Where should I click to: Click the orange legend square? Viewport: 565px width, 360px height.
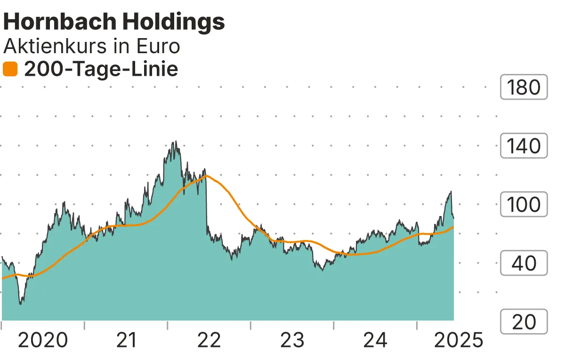(x=10, y=70)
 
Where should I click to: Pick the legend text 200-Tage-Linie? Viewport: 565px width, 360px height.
(x=101, y=70)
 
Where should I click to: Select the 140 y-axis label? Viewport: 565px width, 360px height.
(x=524, y=146)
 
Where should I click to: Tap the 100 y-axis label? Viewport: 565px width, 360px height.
(x=524, y=205)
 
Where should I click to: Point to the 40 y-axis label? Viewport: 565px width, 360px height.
(x=524, y=263)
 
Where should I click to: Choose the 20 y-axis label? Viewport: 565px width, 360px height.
(x=524, y=322)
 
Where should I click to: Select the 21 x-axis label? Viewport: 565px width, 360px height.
(x=126, y=340)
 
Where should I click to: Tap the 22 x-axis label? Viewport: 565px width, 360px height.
(x=209, y=340)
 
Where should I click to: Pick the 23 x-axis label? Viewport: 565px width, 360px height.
(x=292, y=340)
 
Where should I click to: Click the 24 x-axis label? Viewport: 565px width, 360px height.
(x=376, y=340)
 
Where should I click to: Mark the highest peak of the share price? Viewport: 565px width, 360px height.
(x=175, y=141)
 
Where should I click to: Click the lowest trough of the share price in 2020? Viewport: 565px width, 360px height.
(x=20, y=304)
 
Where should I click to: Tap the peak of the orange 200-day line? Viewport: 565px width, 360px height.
(x=206, y=176)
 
